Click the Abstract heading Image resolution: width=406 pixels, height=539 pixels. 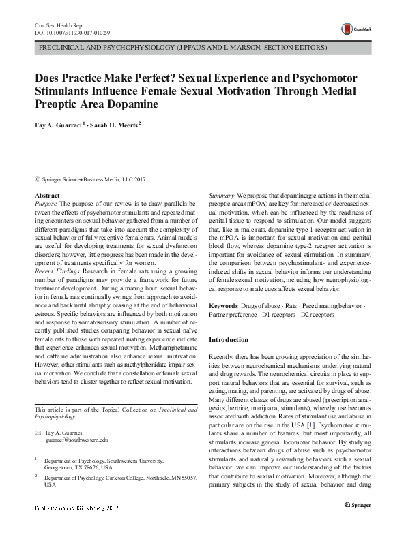tap(47, 196)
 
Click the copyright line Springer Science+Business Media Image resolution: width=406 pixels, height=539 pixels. tap(89, 179)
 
